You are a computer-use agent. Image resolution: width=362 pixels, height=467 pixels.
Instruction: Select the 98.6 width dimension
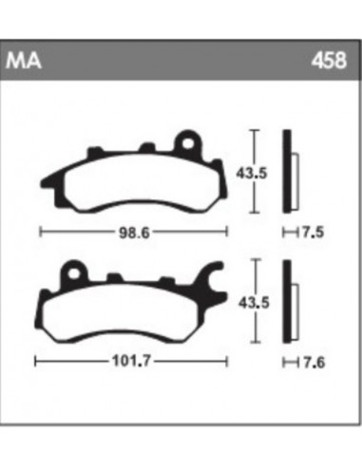(132, 231)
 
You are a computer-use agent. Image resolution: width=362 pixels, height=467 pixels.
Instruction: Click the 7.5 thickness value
(309, 231)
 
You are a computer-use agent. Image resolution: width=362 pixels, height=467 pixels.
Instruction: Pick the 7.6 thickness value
(309, 362)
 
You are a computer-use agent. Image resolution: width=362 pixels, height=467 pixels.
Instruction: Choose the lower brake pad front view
(128, 308)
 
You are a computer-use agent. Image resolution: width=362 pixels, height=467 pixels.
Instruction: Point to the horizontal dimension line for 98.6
(76, 231)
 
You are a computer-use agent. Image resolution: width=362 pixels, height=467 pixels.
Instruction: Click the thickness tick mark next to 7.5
(288, 231)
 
